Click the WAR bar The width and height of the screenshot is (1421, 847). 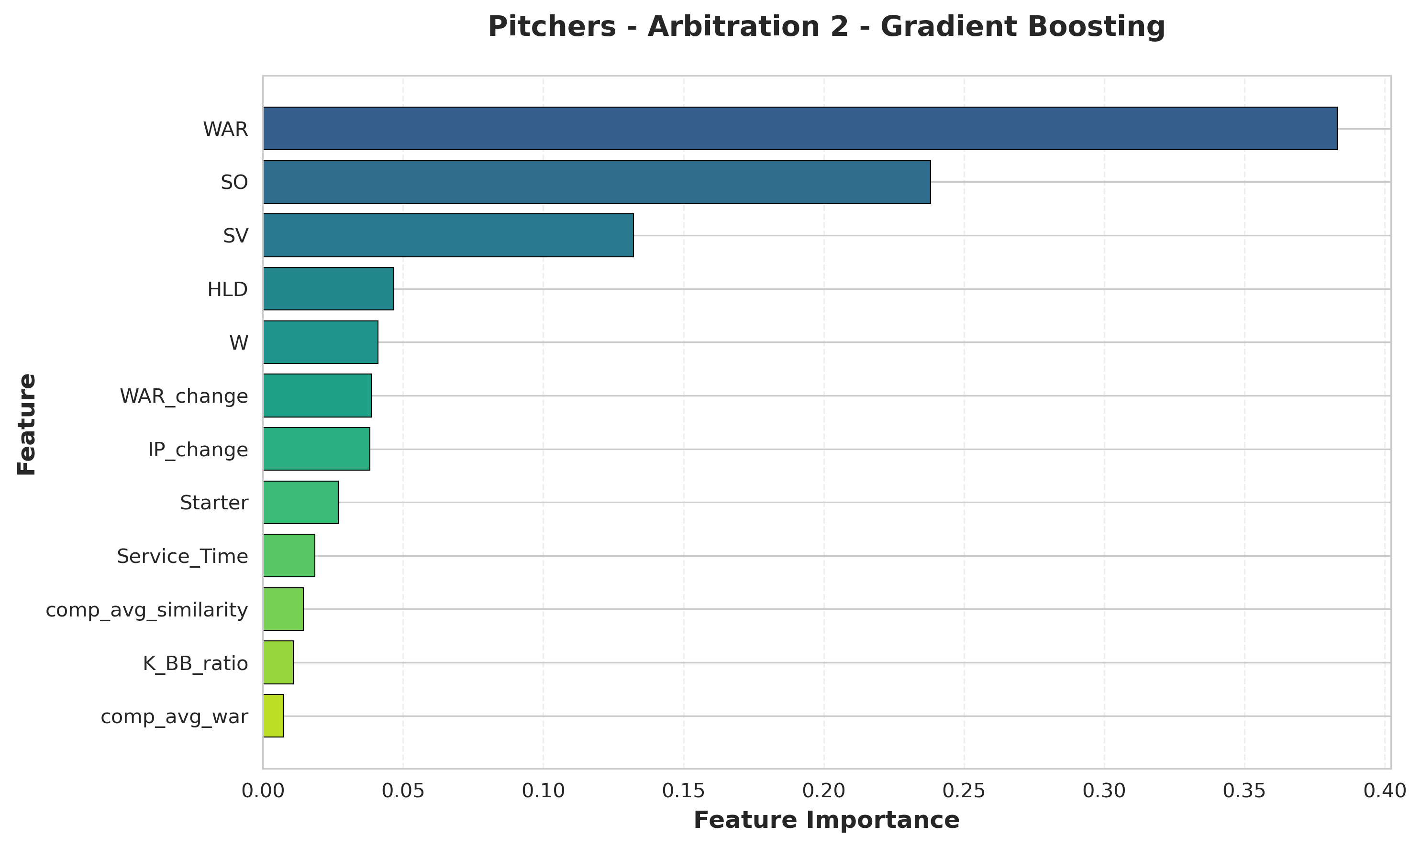click(x=799, y=129)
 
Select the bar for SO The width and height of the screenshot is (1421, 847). click(x=597, y=182)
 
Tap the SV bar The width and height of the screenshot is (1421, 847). click(x=448, y=235)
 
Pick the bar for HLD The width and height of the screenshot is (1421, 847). click(x=328, y=289)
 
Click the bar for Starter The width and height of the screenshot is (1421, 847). click(x=300, y=502)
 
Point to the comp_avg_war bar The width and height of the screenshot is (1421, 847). click(x=274, y=716)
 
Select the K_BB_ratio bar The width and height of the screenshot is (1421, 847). click(x=278, y=663)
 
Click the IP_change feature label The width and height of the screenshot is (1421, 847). click(x=198, y=450)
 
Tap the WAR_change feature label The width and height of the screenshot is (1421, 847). click(x=184, y=396)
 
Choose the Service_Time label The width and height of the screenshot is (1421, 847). click(x=182, y=557)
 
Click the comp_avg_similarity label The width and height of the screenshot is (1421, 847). click(x=147, y=610)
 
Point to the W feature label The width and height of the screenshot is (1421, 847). click(x=239, y=343)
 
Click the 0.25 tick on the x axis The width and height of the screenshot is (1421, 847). click(x=964, y=791)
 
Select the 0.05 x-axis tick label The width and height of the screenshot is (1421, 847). click(x=403, y=791)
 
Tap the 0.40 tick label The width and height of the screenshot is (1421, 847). click(x=1385, y=791)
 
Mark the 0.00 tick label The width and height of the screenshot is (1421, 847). click(x=263, y=791)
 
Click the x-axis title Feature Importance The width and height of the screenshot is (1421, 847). click(x=826, y=821)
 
